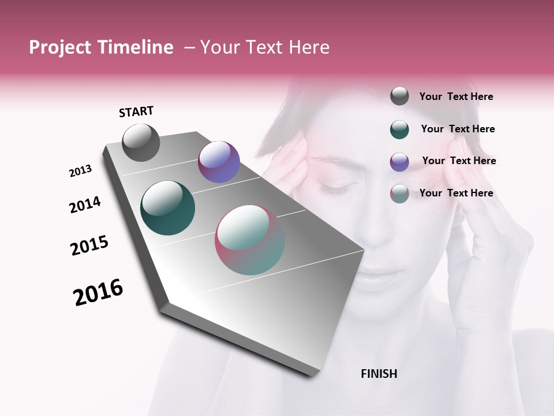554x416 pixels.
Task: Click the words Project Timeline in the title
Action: [x=101, y=47]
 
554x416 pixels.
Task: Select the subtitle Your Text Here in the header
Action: [x=265, y=47]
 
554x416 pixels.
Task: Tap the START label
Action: [x=136, y=112]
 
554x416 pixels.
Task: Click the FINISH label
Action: [x=379, y=374]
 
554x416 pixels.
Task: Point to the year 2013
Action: [x=80, y=171]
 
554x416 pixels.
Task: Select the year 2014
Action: [x=85, y=205]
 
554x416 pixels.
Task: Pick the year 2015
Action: [x=89, y=246]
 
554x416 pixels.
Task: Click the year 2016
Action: [x=98, y=292]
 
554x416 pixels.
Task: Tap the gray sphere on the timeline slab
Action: [x=141, y=143]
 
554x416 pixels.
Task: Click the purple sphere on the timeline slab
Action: [x=219, y=162]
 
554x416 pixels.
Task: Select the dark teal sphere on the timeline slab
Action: [x=167, y=208]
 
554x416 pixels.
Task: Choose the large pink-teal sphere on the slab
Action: [x=250, y=240]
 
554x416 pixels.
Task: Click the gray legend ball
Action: [x=399, y=96]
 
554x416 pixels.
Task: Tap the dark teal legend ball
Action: [x=399, y=129]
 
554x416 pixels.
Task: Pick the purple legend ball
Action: [x=399, y=161]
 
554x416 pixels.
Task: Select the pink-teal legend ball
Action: [x=399, y=194]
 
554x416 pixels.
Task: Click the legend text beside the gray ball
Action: [x=456, y=96]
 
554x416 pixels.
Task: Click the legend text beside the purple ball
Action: [x=459, y=161]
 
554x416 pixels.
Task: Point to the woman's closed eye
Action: [x=331, y=188]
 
